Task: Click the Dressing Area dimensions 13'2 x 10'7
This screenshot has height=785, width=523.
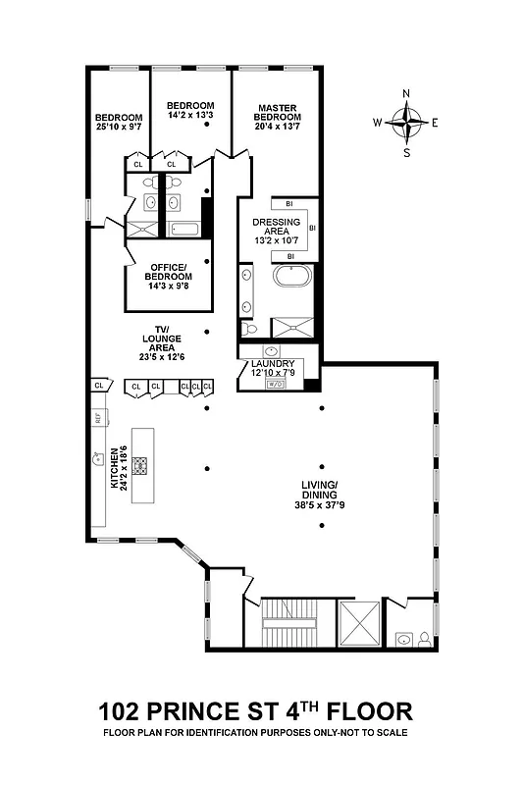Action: click(x=276, y=240)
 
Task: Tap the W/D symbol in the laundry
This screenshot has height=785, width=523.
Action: click(x=275, y=384)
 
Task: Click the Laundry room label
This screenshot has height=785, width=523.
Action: click(x=273, y=363)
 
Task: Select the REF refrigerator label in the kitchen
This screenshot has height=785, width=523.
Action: click(x=97, y=418)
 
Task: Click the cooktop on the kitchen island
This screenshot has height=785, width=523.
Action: click(x=140, y=465)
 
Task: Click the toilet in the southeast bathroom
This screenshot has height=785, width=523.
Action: click(x=423, y=639)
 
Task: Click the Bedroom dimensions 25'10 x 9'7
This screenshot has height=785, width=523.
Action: click(x=118, y=127)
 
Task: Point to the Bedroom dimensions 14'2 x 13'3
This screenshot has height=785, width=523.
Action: click(x=190, y=116)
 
